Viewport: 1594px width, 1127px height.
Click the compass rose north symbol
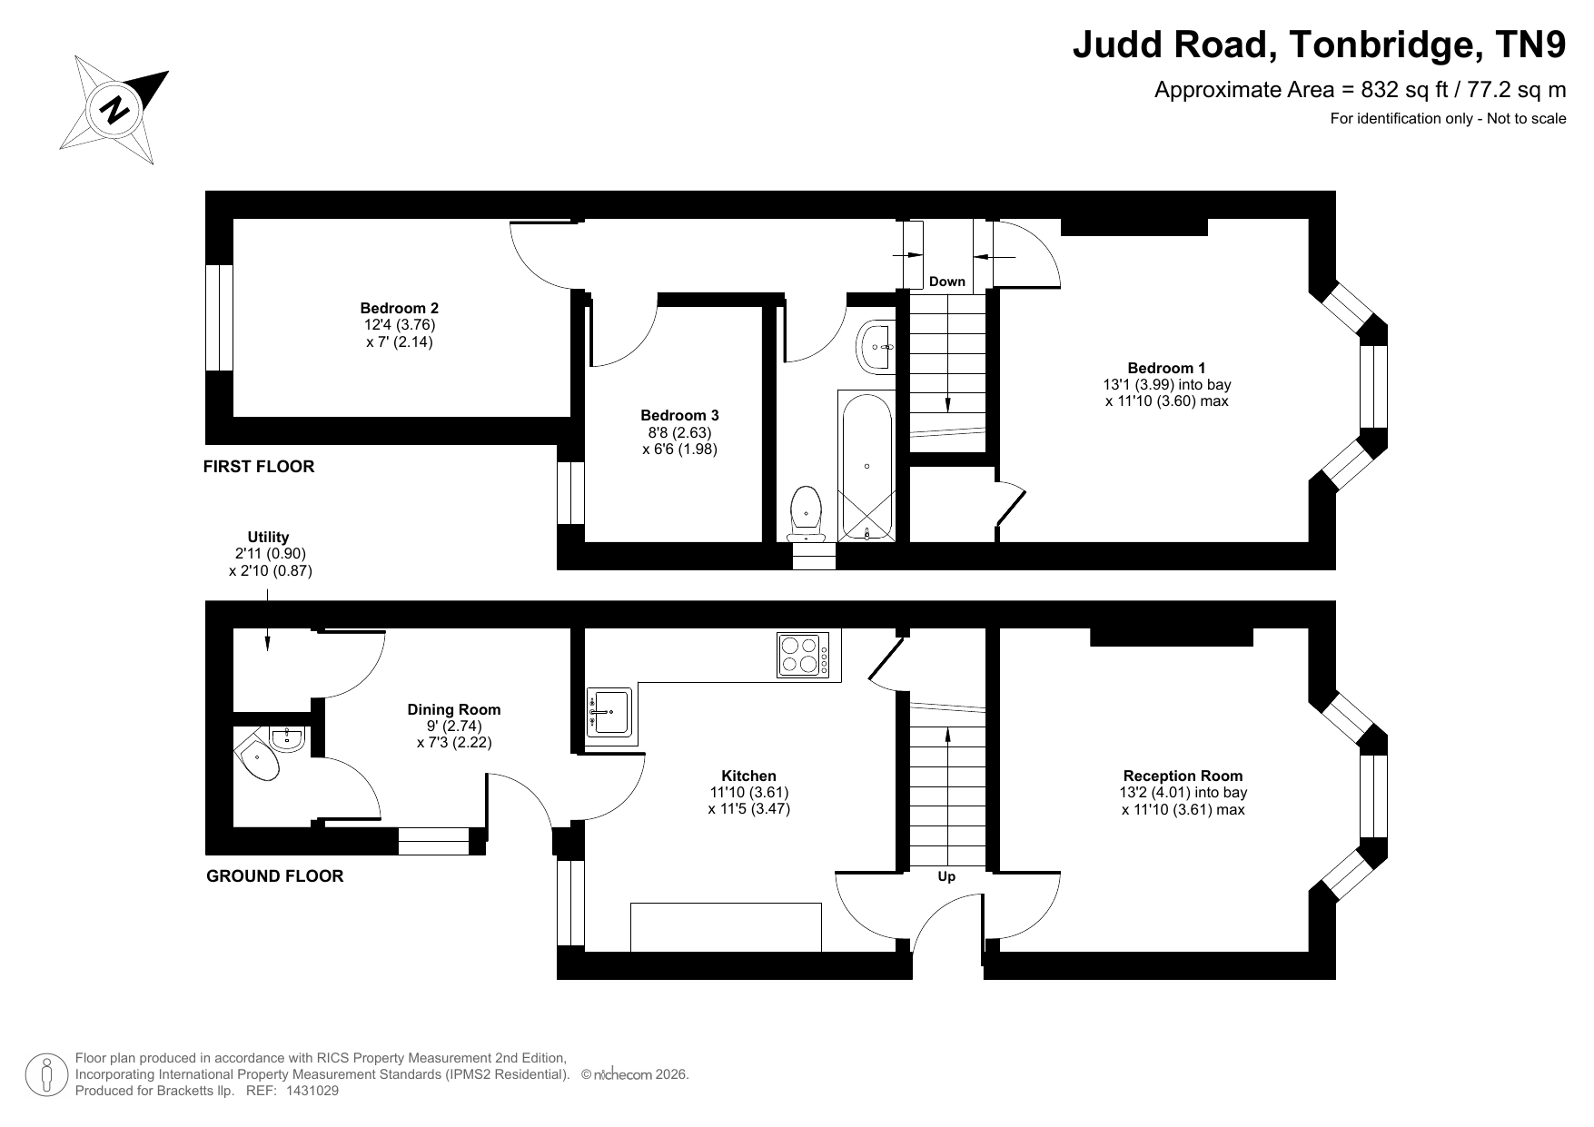pyautogui.click(x=114, y=110)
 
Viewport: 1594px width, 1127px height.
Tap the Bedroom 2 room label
pyautogui.click(x=399, y=309)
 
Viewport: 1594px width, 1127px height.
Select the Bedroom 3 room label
pyautogui.click(x=679, y=416)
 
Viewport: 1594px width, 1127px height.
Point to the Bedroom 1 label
pyautogui.click(x=1166, y=368)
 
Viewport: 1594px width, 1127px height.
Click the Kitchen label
pyautogui.click(x=748, y=776)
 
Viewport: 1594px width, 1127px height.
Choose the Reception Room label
pyautogui.click(x=1183, y=776)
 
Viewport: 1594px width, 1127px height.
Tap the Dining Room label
pyautogui.click(x=453, y=709)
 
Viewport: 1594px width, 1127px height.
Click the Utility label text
pyautogui.click(x=268, y=537)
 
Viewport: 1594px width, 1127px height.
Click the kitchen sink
pyautogui.click(x=609, y=711)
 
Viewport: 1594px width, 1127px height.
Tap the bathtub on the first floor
pyautogui.click(x=866, y=466)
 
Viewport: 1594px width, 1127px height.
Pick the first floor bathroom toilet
pyautogui.click(x=807, y=514)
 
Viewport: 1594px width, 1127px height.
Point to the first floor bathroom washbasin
pyautogui.click(x=876, y=346)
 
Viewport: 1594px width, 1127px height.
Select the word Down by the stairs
pyautogui.click(x=946, y=282)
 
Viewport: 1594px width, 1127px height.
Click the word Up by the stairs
pyautogui.click(x=946, y=876)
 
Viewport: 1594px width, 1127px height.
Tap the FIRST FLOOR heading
pyautogui.click(x=259, y=467)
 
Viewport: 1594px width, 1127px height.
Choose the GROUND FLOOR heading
pyautogui.click(x=275, y=876)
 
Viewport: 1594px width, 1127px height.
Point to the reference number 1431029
pyautogui.click(x=312, y=1091)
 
